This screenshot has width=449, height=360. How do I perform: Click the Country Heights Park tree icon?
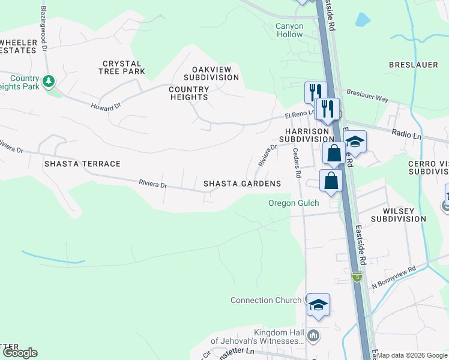[49, 80]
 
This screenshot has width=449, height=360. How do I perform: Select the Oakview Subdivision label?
[211, 73]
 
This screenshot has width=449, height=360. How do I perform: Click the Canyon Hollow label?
[289, 30]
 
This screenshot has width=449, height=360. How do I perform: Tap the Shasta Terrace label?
[82, 164]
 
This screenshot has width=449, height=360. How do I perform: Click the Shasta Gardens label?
[242, 184]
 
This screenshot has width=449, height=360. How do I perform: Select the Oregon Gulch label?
[294, 203]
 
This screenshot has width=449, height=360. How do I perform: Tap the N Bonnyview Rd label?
[394, 277]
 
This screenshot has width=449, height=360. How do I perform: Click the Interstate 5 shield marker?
[357, 277]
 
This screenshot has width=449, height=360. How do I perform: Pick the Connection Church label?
[267, 301]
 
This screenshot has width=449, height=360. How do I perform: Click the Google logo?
[20, 353]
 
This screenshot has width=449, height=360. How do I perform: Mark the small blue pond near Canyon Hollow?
[363, 20]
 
